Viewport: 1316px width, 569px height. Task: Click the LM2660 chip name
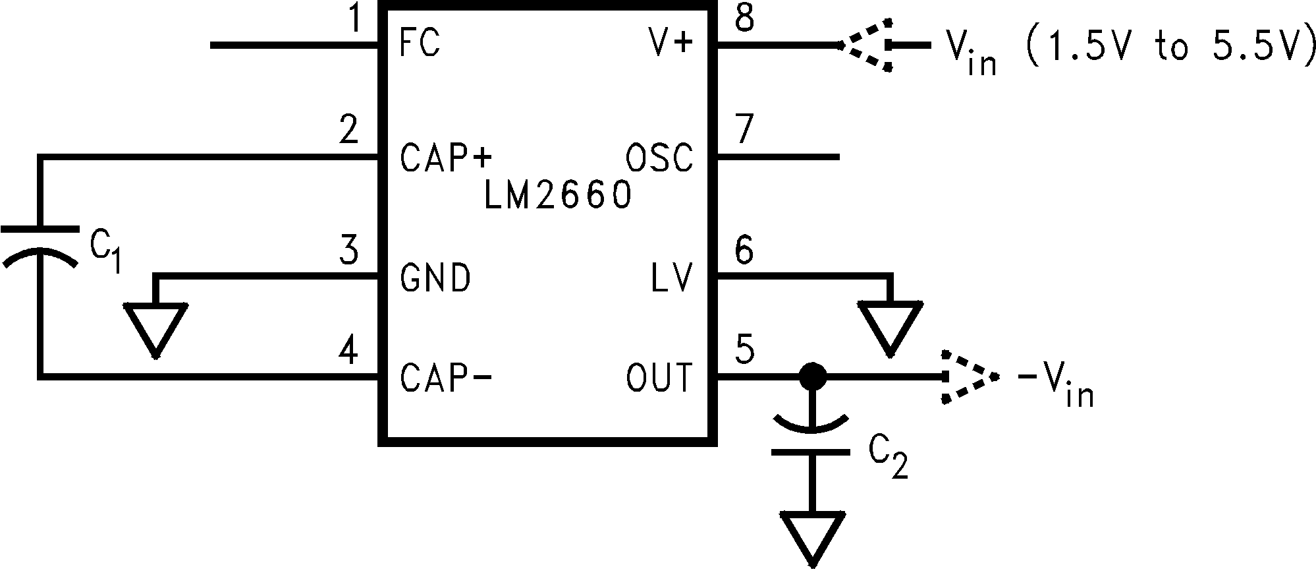557,196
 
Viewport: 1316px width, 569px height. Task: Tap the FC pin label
420,45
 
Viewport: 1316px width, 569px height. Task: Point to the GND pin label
435,278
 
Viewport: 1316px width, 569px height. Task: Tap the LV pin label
672,278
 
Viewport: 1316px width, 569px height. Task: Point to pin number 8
744,18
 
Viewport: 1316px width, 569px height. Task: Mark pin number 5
744,349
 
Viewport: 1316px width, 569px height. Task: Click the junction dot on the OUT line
811,377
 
